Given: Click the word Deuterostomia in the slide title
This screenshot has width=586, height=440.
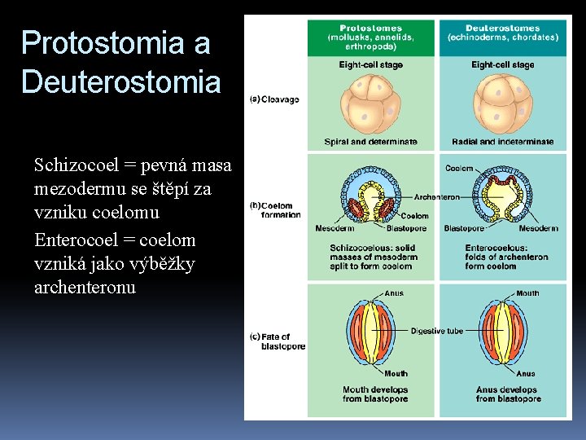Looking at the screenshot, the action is [x=120, y=81].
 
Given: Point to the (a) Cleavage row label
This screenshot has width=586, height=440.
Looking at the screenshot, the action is [x=274, y=99].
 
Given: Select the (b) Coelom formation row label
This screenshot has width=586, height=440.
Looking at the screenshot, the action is [x=276, y=210].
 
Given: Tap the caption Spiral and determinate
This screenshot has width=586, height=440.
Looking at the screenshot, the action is [x=370, y=142].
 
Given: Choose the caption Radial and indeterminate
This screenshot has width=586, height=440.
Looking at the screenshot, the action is [x=502, y=142].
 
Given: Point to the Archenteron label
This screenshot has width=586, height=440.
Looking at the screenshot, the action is [x=436, y=196].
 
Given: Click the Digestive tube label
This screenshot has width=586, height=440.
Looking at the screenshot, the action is [x=437, y=331].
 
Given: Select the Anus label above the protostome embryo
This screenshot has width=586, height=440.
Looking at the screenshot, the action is [x=395, y=293].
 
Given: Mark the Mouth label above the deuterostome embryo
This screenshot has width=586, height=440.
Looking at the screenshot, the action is [x=527, y=293].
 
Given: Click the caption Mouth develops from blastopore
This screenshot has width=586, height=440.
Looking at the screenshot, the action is [x=374, y=394].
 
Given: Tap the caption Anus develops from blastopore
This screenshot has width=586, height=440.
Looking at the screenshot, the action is [x=508, y=394].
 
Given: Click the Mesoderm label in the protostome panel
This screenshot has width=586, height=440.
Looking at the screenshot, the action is [x=335, y=228].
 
